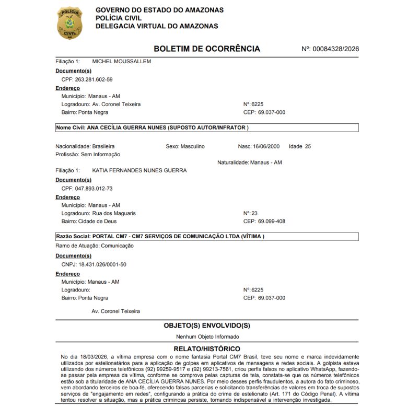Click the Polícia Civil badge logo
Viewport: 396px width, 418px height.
click(69, 23)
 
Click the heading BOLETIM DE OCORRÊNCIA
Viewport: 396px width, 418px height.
click(206, 49)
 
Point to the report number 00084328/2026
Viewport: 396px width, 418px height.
click(335, 49)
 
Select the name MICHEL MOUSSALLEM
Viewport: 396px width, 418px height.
click(122, 62)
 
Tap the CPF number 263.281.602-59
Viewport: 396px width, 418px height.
click(94, 79)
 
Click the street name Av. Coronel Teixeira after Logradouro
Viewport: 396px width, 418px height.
click(116, 104)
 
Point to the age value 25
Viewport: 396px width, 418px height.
click(308, 146)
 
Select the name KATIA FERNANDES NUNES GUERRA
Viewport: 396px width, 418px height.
click(139, 170)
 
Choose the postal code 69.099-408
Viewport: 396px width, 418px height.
click(272, 221)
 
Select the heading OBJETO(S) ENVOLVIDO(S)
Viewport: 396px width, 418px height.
click(207, 326)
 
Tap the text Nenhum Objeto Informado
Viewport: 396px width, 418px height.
click(207, 337)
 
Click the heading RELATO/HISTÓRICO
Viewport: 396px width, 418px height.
click(207, 349)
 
